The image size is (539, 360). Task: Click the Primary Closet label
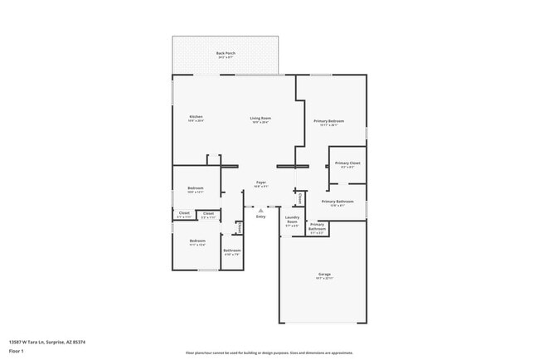point(347,164)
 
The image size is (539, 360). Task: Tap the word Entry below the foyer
point(260,216)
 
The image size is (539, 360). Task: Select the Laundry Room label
point(292,221)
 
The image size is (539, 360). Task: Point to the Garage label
point(324,275)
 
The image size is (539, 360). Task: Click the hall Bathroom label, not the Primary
point(231,251)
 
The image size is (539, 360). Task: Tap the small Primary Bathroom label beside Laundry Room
point(317,227)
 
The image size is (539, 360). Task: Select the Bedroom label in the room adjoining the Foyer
point(196,189)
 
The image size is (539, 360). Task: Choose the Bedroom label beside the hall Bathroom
point(197,242)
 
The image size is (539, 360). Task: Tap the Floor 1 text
point(17,350)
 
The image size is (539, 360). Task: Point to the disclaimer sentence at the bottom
point(269,352)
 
